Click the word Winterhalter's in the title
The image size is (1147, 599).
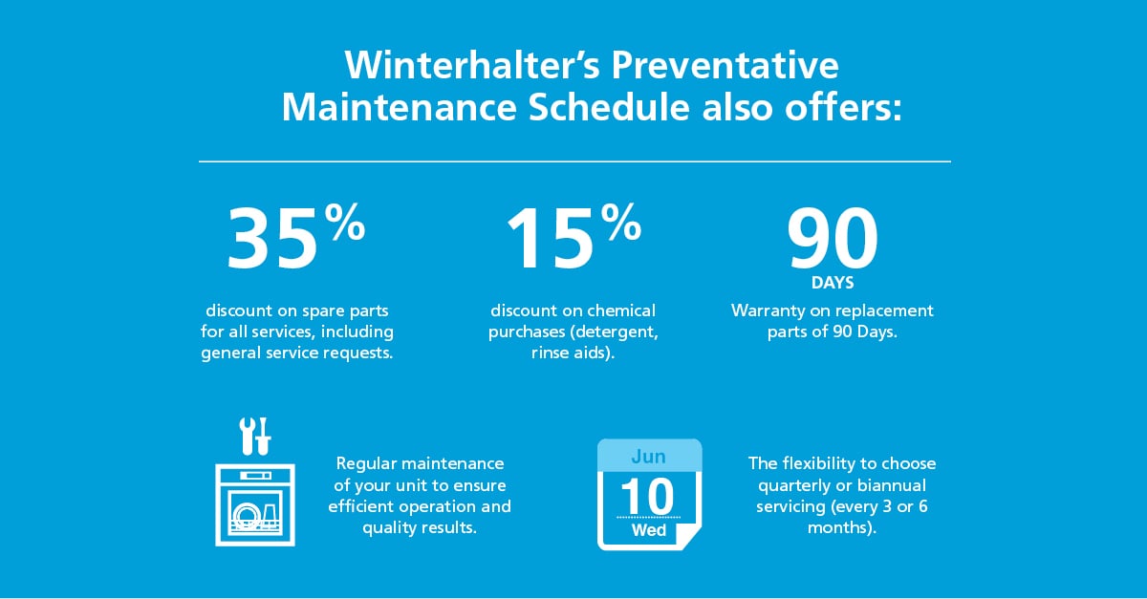pyautogui.click(x=471, y=65)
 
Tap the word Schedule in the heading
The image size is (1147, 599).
pyautogui.click(x=609, y=108)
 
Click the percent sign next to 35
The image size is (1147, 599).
pyautogui.click(x=345, y=222)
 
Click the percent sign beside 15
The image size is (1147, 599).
pyautogui.click(x=620, y=222)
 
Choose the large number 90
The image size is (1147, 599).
pyautogui.click(x=833, y=239)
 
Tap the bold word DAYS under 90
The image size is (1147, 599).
pyautogui.click(x=833, y=283)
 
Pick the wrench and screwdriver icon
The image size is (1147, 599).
pyautogui.click(x=255, y=437)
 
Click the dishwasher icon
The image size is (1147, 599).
pyautogui.click(x=255, y=504)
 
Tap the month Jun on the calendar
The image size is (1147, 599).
pyautogui.click(x=648, y=457)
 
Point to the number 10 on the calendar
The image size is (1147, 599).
pyautogui.click(x=648, y=496)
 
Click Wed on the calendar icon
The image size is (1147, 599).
pyautogui.click(x=649, y=530)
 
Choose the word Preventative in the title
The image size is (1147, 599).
pyautogui.click(x=725, y=65)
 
